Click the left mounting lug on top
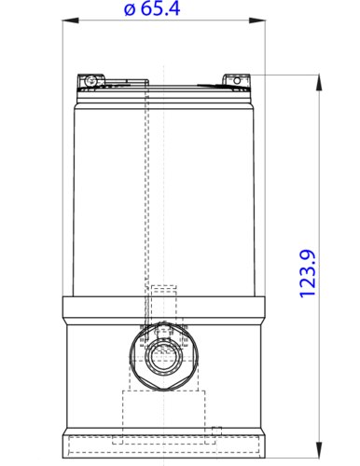tap(91, 81)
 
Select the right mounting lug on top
tap(236, 81)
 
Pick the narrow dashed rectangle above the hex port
tap(163, 303)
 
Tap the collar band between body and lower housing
tap(163, 308)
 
